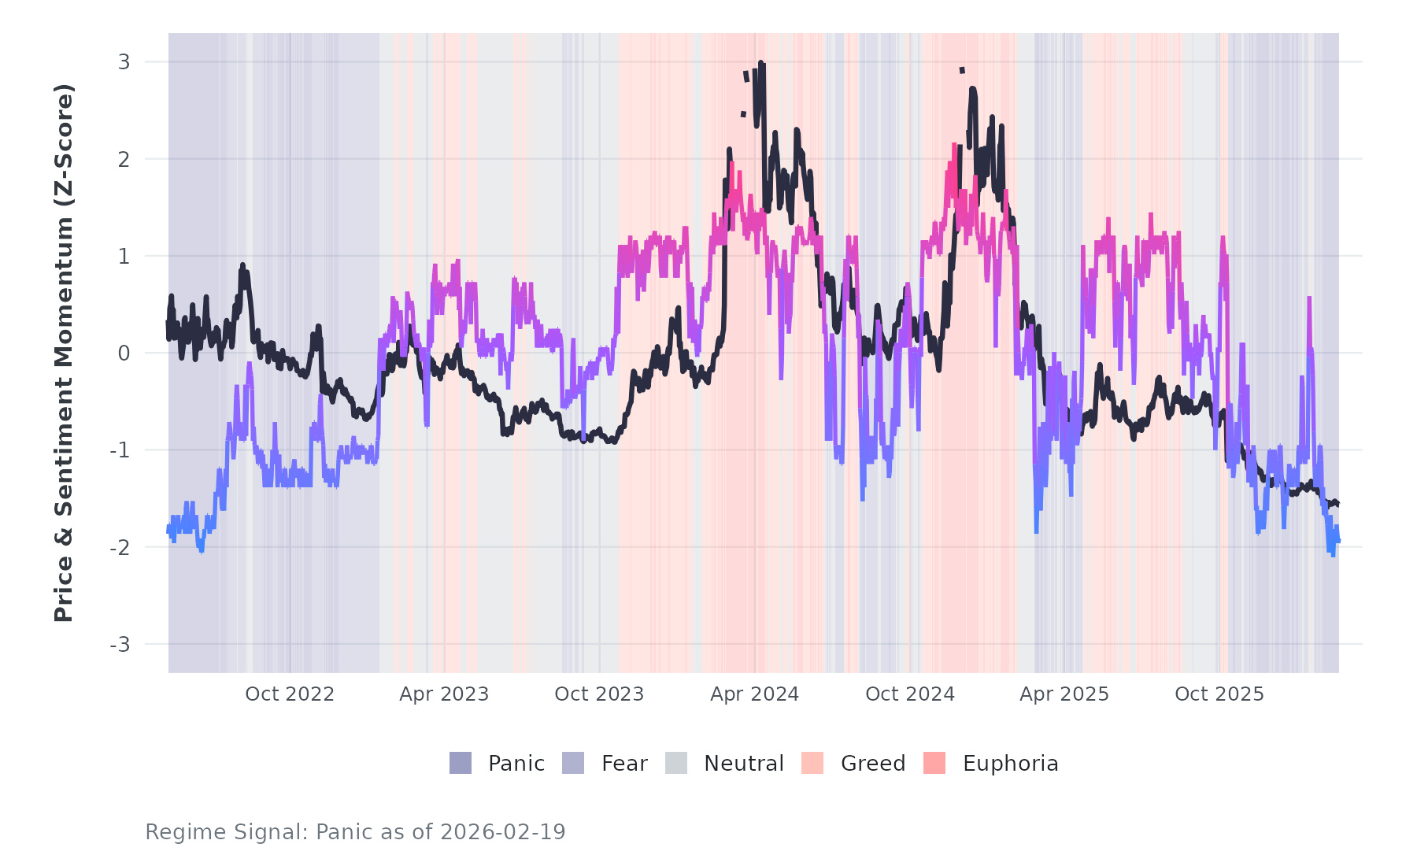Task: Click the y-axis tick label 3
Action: coord(124,62)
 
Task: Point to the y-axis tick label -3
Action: coord(120,645)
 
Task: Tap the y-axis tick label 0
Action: coord(124,353)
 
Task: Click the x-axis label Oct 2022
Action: coord(290,694)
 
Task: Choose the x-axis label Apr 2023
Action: coord(444,694)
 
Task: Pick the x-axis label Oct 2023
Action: coord(599,694)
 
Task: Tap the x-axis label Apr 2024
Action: coord(754,694)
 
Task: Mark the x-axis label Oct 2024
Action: coord(910,694)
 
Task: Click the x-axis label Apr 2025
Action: coord(1064,694)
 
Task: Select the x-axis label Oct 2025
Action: coord(1219,694)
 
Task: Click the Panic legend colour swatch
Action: coord(461,763)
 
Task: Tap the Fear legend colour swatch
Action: coord(573,763)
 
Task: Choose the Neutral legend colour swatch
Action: coord(676,763)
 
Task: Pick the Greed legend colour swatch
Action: coord(812,763)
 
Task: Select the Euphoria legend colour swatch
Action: coord(934,763)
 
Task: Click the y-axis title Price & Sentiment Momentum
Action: coord(64,353)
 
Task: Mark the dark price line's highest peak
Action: coord(761,62)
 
